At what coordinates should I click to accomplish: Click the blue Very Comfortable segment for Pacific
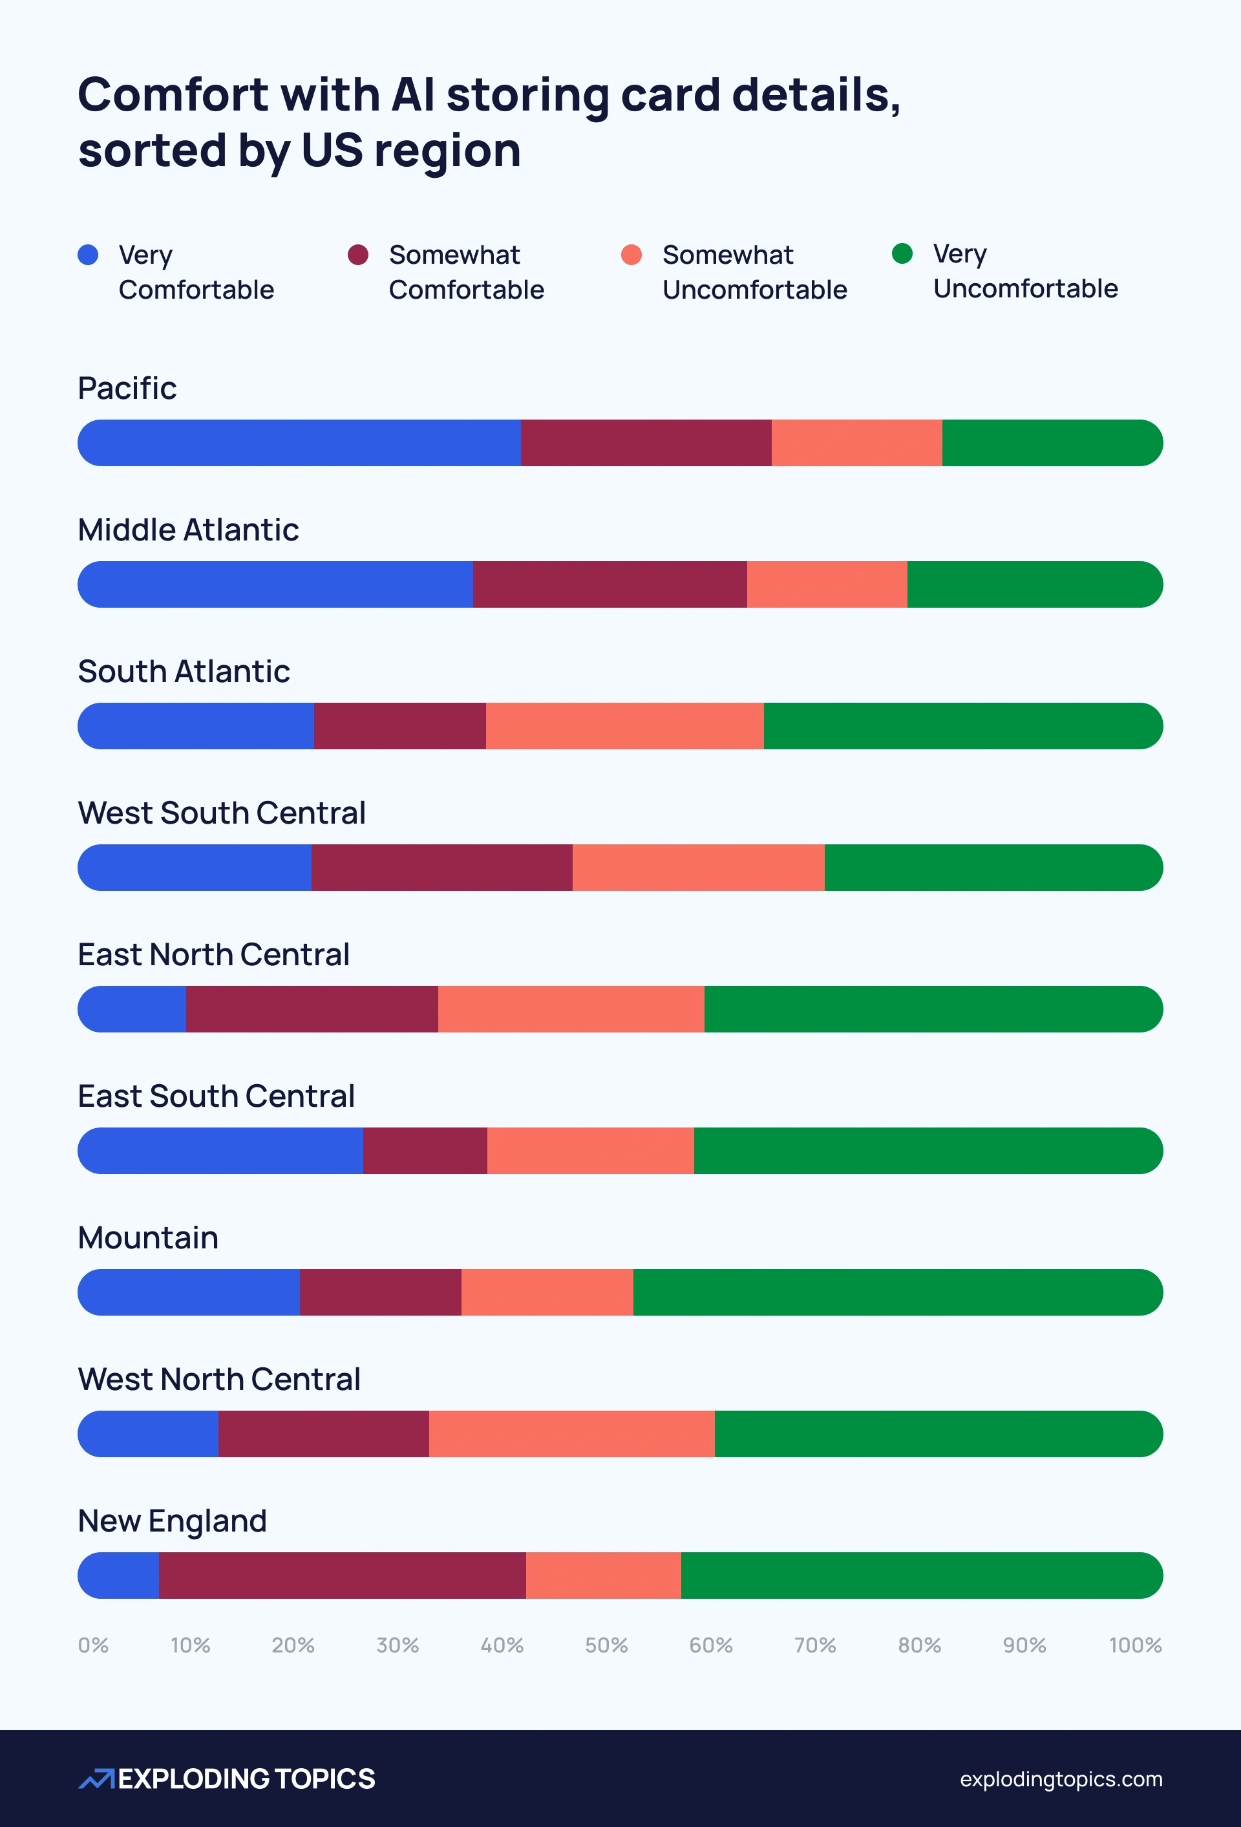pos(299,443)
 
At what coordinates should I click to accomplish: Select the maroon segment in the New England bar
pos(342,1576)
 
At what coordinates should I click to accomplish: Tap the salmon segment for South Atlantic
pos(625,725)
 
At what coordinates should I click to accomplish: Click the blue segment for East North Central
pos(132,1009)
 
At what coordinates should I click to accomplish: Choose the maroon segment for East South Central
pos(425,1151)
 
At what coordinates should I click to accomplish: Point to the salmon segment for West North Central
pos(571,1434)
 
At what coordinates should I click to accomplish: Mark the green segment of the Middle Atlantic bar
pos(1034,584)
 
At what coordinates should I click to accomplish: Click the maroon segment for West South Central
pos(441,868)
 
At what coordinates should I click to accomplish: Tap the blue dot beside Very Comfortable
pos(88,255)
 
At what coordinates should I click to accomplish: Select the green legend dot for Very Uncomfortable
pos(902,253)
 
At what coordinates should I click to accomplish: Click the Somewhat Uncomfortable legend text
pos(754,272)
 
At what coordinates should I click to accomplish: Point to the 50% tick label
pos(606,1645)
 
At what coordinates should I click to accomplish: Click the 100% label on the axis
pos(1135,1645)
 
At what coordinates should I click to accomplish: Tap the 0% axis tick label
pos(92,1645)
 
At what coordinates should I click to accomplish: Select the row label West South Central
pos(222,813)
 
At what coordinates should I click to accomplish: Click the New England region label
pos(172,1521)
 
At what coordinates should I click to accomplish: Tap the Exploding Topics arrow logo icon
pos(96,1779)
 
